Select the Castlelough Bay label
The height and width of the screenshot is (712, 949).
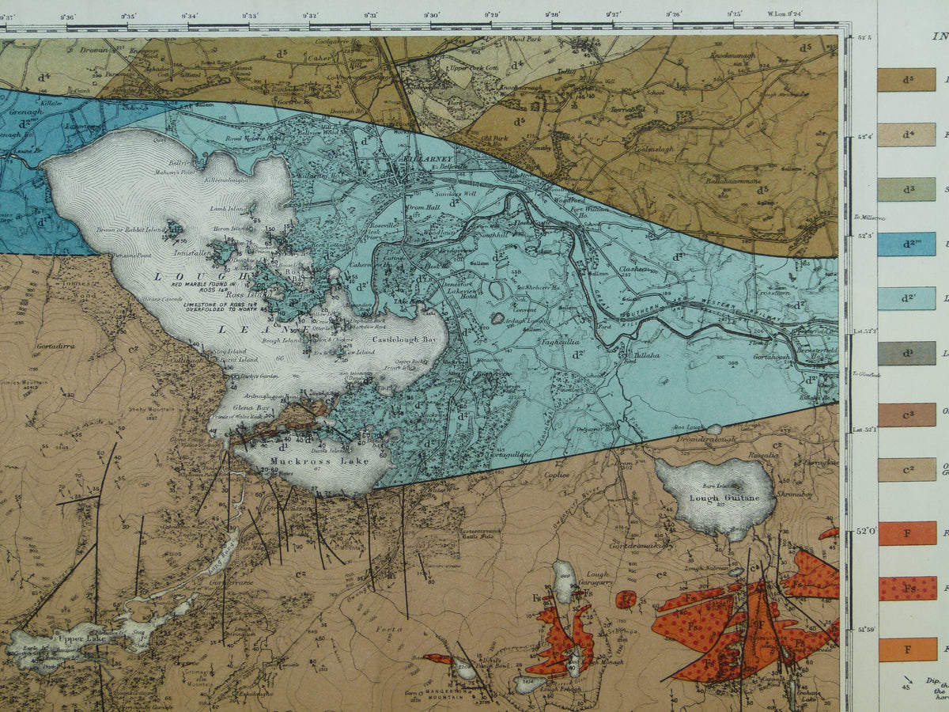406,338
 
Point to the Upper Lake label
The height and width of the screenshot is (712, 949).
80,636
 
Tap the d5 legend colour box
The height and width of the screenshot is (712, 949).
906,79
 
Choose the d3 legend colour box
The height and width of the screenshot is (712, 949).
906,189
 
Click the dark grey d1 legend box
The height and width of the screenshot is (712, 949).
906,353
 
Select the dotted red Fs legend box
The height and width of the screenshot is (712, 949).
906,588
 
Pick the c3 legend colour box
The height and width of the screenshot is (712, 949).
906,415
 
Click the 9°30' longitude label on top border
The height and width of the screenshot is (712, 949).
431,14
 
